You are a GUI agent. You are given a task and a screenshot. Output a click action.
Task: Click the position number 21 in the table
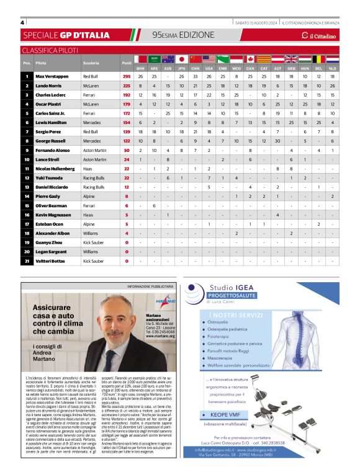[x=27, y=261]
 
